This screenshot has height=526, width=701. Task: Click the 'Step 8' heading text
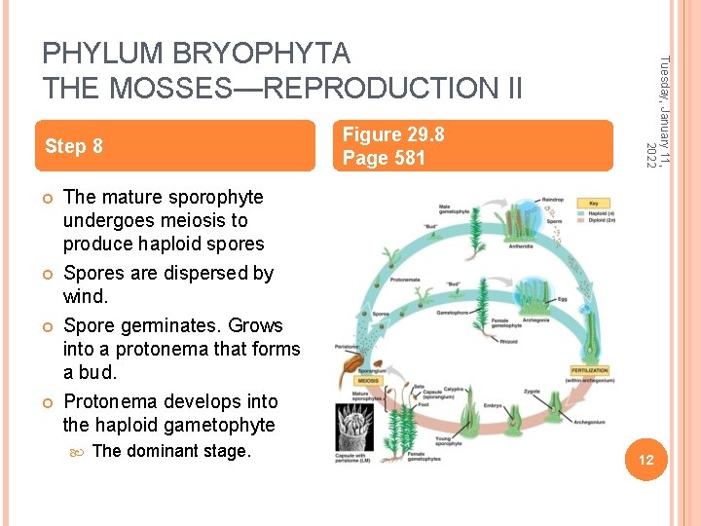pos(74,146)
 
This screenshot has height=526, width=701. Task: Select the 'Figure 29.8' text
pos(387,134)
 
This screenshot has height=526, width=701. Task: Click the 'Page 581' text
pos(384,158)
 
